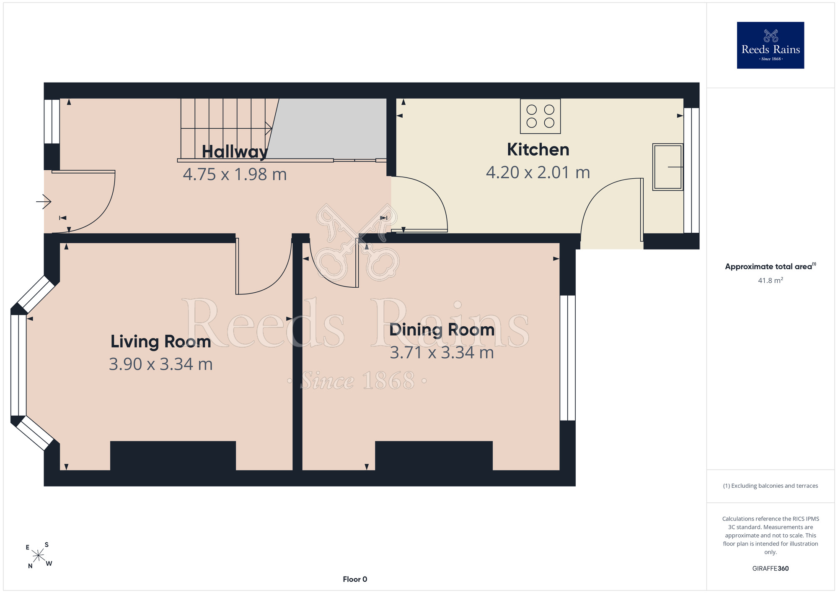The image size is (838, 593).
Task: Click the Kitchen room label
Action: (538, 150)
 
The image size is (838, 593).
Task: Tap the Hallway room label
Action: (235, 152)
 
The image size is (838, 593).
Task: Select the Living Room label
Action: (161, 341)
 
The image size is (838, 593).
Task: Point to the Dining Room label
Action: (442, 330)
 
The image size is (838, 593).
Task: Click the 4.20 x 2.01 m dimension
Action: (538, 172)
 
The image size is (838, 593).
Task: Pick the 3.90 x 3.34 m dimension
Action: (161, 364)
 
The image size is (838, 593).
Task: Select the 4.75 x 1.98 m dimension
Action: (235, 174)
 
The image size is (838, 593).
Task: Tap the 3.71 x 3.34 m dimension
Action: (442, 353)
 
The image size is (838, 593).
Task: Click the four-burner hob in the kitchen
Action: (541, 116)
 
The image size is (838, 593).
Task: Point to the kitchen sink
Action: (668, 167)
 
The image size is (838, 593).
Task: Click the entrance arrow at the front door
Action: (44, 202)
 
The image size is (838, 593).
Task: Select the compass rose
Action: (38, 555)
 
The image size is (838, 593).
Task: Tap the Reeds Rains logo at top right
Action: (771, 45)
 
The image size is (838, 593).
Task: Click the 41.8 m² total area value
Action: (771, 280)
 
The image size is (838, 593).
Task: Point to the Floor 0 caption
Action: (355, 579)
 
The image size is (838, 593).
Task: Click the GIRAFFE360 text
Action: (771, 569)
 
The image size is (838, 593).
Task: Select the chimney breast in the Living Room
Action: (173, 456)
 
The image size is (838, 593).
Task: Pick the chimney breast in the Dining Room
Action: (434, 456)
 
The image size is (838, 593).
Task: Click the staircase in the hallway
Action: (226, 129)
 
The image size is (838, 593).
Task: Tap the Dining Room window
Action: (568, 358)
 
